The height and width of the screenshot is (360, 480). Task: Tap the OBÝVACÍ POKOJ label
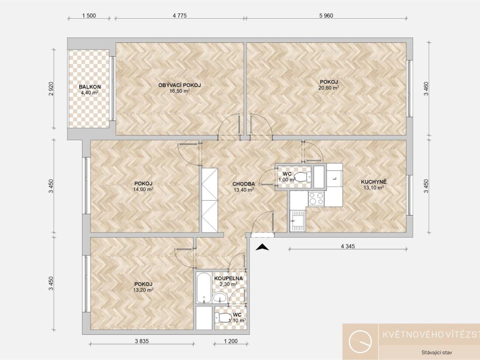[x=180, y=85]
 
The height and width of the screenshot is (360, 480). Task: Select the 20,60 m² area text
[x=329, y=88]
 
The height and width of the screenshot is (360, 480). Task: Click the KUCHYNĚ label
[x=374, y=182]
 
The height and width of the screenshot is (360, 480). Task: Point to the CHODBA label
[x=244, y=184]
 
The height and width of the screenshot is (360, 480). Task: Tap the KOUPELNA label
[x=228, y=278]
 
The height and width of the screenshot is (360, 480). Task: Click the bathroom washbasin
[x=219, y=298]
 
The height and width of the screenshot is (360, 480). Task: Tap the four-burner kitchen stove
[x=316, y=198]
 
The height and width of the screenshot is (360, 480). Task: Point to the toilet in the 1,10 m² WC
[x=223, y=317]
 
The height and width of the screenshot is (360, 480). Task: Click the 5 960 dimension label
[x=326, y=15]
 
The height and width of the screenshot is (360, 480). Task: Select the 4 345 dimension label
[x=348, y=246]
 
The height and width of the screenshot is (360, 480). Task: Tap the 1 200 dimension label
[x=231, y=341]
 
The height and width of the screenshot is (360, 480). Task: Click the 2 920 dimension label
[x=51, y=89]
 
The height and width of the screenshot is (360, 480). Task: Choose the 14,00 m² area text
[x=143, y=189]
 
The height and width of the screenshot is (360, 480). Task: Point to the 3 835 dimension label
[x=142, y=341]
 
